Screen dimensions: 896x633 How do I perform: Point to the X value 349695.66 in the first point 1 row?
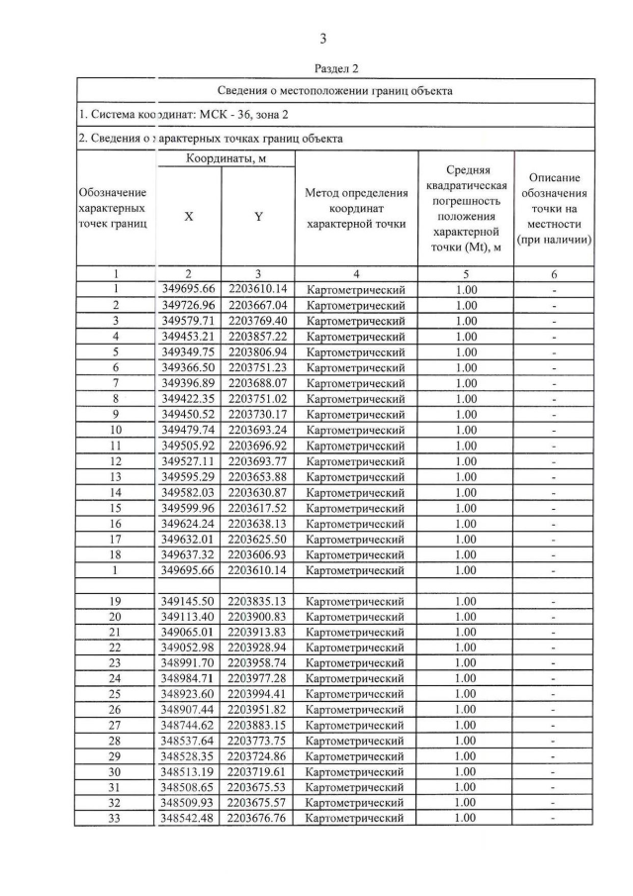(x=188, y=289)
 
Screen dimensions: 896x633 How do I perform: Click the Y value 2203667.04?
(x=258, y=305)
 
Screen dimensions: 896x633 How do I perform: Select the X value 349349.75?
(x=188, y=351)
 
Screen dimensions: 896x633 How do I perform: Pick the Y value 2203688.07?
(x=258, y=383)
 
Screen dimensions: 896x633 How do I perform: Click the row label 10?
(x=116, y=430)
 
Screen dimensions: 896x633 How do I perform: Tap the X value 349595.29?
(x=188, y=476)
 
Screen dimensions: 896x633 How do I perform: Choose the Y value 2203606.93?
(x=258, y=554)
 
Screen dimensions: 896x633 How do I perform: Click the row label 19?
(x=116, y=601)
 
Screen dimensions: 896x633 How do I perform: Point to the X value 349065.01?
(x=188, y=632)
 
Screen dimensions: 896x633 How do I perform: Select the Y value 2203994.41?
(x=258, y=694)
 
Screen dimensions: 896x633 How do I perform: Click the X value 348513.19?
(x=188, y=772)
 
